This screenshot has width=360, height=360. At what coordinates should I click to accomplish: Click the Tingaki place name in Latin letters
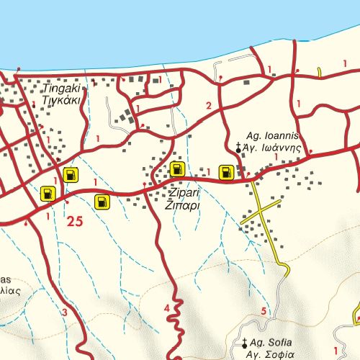tap(61, 89)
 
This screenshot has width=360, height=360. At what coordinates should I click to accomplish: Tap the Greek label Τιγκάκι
tap(61, 100)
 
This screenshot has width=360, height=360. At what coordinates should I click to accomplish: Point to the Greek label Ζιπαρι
tap(183, 205)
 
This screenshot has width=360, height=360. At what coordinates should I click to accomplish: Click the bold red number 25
tap(75, 222)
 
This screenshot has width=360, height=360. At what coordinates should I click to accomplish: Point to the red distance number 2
tap(209, 107)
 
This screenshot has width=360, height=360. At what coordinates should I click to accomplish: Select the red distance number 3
tap(64, 312)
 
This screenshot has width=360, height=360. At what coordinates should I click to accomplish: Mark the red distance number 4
tap(167, 309)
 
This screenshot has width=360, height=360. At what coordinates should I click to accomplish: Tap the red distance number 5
tap(264, 311)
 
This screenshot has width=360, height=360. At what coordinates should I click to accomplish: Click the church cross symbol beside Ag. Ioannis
tap(238, 148)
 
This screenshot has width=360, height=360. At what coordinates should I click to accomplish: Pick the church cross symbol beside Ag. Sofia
tap(245, 342)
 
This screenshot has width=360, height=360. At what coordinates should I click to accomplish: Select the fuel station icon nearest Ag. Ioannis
tap(226, 172)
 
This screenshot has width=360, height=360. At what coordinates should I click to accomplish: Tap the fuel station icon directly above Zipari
tap(177, 170)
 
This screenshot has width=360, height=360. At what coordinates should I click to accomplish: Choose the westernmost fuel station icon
tap(48, 193)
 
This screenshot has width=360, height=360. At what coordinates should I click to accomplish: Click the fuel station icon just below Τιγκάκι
tap(71, 174)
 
